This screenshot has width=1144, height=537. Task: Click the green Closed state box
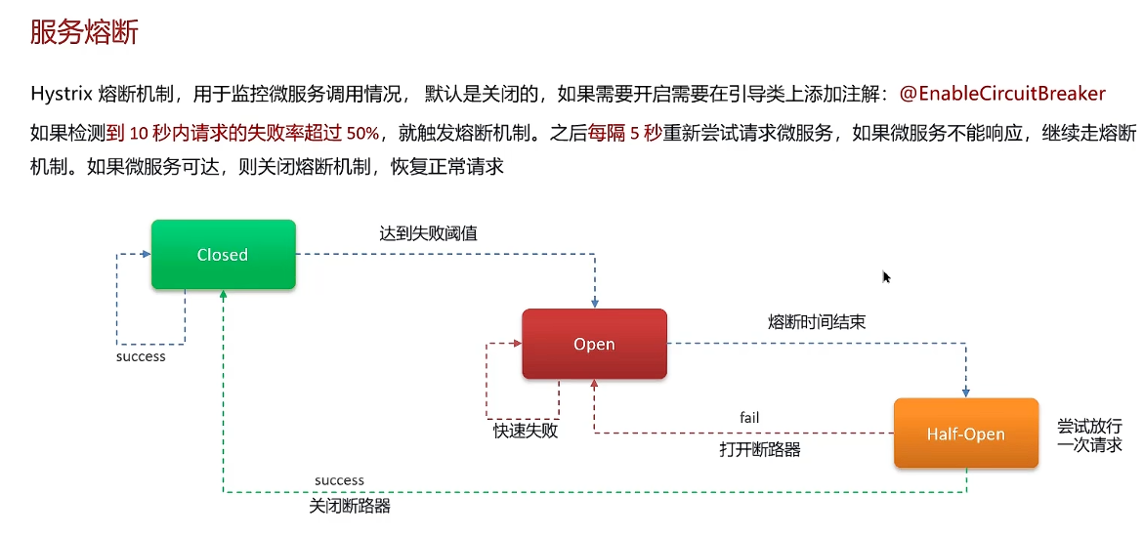pyautogui.click(x=223, y=254)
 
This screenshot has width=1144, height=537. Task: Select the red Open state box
pyautogui.click(x=594, y=344)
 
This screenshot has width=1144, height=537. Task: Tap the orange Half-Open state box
pyautogui.click(x=965, y=434)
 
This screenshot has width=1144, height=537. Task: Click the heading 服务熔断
pyautogui.click(x=84, y=32)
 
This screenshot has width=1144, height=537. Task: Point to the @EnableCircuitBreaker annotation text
pyautogui.click(x=1002, y=94)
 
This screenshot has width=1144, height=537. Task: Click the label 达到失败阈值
pyautogui.click(x=428, y=233)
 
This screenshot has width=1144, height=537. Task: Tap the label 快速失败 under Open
pyautogui.click(x=526, y=430)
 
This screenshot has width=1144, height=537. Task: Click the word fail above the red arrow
pyautogui.click(x=749, y=418)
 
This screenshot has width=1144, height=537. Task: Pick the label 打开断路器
pyautogui.click(x=760, y=449)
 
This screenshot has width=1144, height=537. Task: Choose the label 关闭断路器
pyautogui.click(x=350, y=506)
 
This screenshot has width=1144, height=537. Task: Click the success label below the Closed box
pyautogui.click(x=141, y=356)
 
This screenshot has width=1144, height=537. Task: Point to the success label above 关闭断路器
pyautogui.click(x=339, y=480)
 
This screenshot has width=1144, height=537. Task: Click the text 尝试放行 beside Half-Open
pyautogui.click(x=1089, y=427)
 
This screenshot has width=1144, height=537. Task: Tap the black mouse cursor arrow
pyautogui.click(x=886, y=277)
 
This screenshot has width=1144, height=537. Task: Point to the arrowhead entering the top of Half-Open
pyautogui.click(x=966, y=392)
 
